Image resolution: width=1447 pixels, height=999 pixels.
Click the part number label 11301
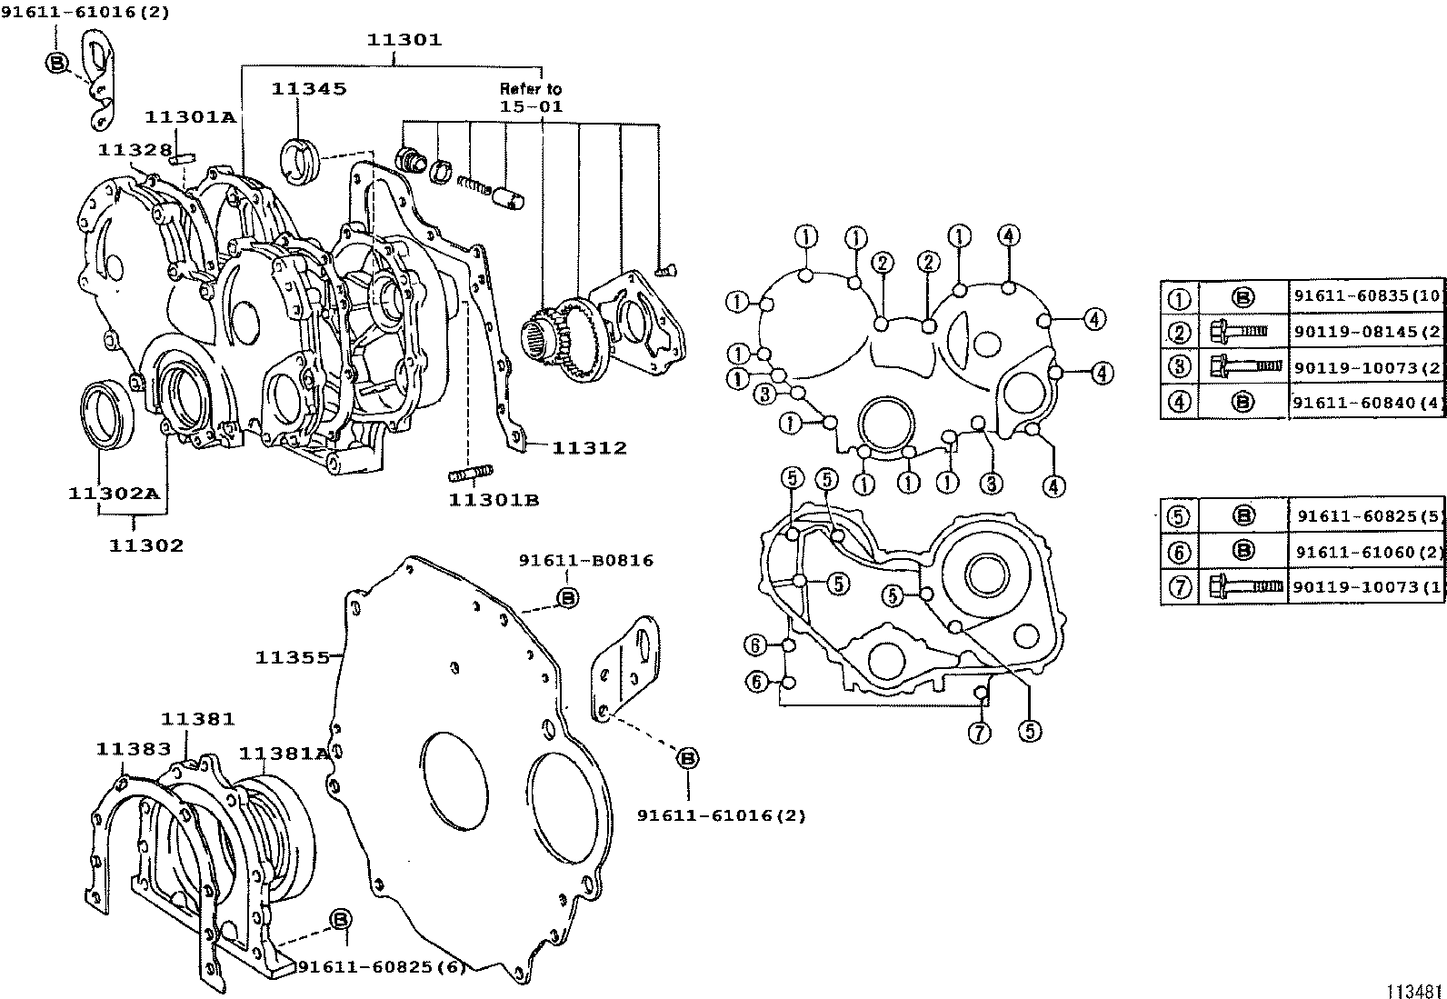click(404, 40)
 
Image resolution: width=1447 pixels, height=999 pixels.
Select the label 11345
click(308, 88)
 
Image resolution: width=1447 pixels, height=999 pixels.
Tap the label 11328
click(135, 150)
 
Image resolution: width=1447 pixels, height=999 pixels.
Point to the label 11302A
click(114, 494)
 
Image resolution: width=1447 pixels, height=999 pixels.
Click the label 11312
click(589, 447)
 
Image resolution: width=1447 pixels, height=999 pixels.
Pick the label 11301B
click(494, 500)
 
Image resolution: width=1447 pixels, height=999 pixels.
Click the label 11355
click(292, 657)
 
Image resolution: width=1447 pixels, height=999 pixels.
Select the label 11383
click(134, 749)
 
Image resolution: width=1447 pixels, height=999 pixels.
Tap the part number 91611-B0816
click(585, 561)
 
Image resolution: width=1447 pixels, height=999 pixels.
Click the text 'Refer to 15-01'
click(531, 97)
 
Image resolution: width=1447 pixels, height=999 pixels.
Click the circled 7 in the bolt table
click(1179, 587)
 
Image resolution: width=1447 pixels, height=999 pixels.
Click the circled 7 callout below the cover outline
click(979, 733)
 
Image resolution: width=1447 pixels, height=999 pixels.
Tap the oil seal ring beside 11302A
click(109, 415)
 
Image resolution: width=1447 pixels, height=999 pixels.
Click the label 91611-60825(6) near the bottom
click(381, 967)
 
